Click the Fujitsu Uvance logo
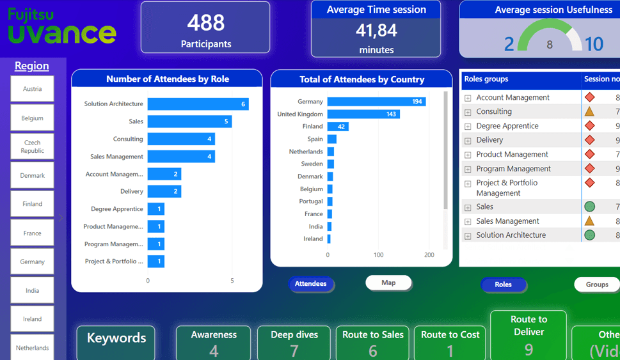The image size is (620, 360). [62, 26]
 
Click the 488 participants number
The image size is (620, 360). [205, 22]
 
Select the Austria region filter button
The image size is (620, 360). [32, 89]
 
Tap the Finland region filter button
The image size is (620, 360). [32, 204]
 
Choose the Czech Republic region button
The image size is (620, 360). [32, 146]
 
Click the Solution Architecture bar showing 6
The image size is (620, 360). [198, 104]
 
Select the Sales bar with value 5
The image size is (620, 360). [189, 121]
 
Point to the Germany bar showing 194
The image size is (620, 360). [376, 102]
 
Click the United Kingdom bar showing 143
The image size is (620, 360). [363, 114]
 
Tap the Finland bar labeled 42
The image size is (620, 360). [338, 127]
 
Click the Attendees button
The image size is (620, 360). [311, 284]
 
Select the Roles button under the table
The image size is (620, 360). [504, 285]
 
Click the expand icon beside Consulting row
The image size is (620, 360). [468, 112]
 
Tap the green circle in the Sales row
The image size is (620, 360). [589, 207]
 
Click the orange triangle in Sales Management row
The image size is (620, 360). [589, 221]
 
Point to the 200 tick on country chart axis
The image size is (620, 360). [429, 255]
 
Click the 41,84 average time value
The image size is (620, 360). [376, 30]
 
